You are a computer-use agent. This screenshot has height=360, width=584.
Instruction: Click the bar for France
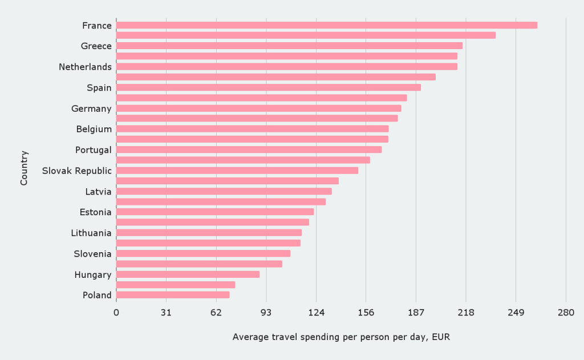coord(326,25)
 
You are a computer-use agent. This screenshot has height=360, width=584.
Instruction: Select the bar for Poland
coord(173,295)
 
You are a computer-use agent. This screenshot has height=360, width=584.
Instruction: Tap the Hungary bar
coord(188,274)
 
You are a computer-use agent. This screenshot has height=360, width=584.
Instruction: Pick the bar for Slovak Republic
coord(237,170)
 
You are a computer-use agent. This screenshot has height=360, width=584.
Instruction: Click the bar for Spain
coord(268,87)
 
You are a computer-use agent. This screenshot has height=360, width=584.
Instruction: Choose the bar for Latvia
coord(224,191)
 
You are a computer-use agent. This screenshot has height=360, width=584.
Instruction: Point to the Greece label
coord(96,46)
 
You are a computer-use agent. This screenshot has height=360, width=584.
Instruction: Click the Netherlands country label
coord(85,67)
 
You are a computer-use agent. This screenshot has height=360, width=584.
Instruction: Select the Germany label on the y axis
coord(91,108)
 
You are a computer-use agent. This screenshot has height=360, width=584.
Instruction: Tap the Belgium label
coord(94,129)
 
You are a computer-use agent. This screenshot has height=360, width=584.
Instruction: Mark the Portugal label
coord(93,150)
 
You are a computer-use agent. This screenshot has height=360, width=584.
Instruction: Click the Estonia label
coord(95,212)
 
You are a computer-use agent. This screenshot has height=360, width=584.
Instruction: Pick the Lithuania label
coord(91,233)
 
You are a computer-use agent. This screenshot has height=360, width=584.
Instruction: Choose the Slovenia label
coord(92,254)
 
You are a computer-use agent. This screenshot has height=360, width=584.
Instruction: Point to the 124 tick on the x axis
coord(316,313)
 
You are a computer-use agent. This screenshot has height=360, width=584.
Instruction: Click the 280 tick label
coord(566,313)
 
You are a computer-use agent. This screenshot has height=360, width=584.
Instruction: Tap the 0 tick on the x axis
coord(116,313)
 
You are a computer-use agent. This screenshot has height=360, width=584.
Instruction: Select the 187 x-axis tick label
coord(416,313)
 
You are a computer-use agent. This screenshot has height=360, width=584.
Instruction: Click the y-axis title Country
coord(24,168)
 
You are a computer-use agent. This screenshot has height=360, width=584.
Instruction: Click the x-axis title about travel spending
coord(341,337)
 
